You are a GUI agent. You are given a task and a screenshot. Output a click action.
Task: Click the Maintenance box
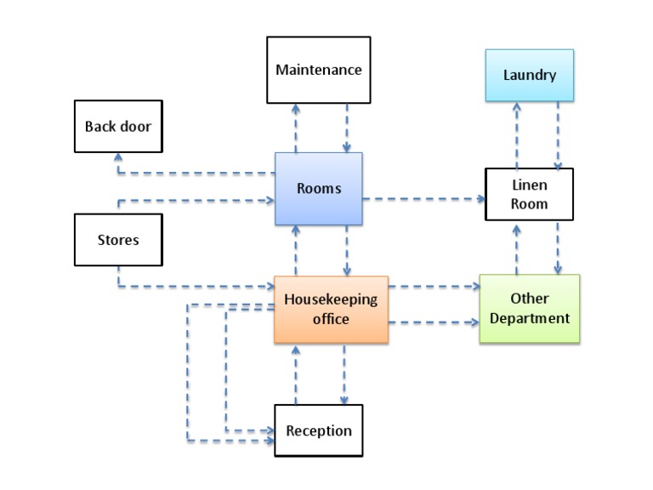(x=319, y=70)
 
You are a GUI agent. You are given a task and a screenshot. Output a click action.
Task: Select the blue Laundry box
(x=529, y=75)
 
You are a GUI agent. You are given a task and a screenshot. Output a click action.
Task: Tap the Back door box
(x=117, y=127)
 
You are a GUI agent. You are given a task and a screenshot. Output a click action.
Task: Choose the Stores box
(x=117, y=239)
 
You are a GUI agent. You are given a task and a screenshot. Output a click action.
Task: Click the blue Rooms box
(x=319, y=188)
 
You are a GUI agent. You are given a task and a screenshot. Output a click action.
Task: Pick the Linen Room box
(x=529, y=194)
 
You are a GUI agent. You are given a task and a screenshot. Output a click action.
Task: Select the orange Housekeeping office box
(x=330, y=309)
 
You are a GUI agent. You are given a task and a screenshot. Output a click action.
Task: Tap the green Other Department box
(x=529, y=308)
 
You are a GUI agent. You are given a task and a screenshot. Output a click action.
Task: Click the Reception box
(x=319, y=430)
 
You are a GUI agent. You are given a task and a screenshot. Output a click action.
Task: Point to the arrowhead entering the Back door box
(x=118, y=157)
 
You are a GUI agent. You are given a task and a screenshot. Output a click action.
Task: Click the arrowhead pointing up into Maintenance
(x=296, y=108)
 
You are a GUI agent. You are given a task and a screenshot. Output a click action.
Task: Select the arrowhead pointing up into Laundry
(x=516, y=106)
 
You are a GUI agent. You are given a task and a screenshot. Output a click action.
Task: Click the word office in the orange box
(x=330, y=319)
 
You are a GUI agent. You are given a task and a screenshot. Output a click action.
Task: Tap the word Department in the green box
(x=529, y=318)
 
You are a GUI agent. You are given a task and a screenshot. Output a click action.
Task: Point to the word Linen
(x=529, y=185)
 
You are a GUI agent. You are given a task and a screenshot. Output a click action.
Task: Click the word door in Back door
(x=137, y=127)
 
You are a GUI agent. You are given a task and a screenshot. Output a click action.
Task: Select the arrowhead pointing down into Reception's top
(x=344, y=400)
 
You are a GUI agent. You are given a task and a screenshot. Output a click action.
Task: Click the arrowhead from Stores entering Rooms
(x=270, y=202)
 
